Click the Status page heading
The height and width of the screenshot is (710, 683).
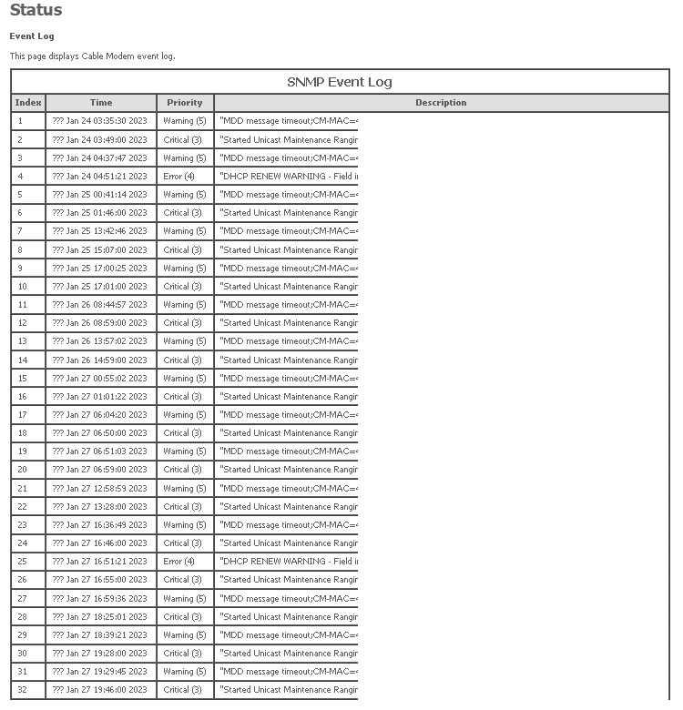[x=36, y=11]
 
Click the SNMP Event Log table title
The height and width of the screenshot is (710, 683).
[x=340, y=82]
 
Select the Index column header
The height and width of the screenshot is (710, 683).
[x=28, y=103]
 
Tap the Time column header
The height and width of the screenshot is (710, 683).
[x=101, y=103]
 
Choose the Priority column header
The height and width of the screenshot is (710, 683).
[x=184, y=103]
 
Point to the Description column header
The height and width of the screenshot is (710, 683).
[x=441, y=103]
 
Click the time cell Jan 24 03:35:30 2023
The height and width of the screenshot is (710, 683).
[x=100, y=121]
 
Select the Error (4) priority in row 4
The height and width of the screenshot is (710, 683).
[x=179, y=176]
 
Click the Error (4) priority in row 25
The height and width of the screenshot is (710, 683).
[x=179, y=562]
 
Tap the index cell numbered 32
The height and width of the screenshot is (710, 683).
[x=23, y=690]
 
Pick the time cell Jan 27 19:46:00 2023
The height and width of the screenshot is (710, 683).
[x=100, y=690]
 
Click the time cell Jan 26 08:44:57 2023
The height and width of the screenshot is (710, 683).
[x=100, y=305]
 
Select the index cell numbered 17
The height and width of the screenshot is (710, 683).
[x=23, y=415]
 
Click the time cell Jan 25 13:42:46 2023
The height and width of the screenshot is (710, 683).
[x=100, y=231]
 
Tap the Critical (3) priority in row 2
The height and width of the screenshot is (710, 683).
[x=182, y=139]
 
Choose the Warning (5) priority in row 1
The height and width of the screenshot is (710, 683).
[x=184, y=121]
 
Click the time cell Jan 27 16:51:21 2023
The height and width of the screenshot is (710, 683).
[x=100, y=562]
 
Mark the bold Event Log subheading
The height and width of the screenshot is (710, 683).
[x=32, y=36]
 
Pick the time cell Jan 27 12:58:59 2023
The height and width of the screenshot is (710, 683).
[x=100, y=489]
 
